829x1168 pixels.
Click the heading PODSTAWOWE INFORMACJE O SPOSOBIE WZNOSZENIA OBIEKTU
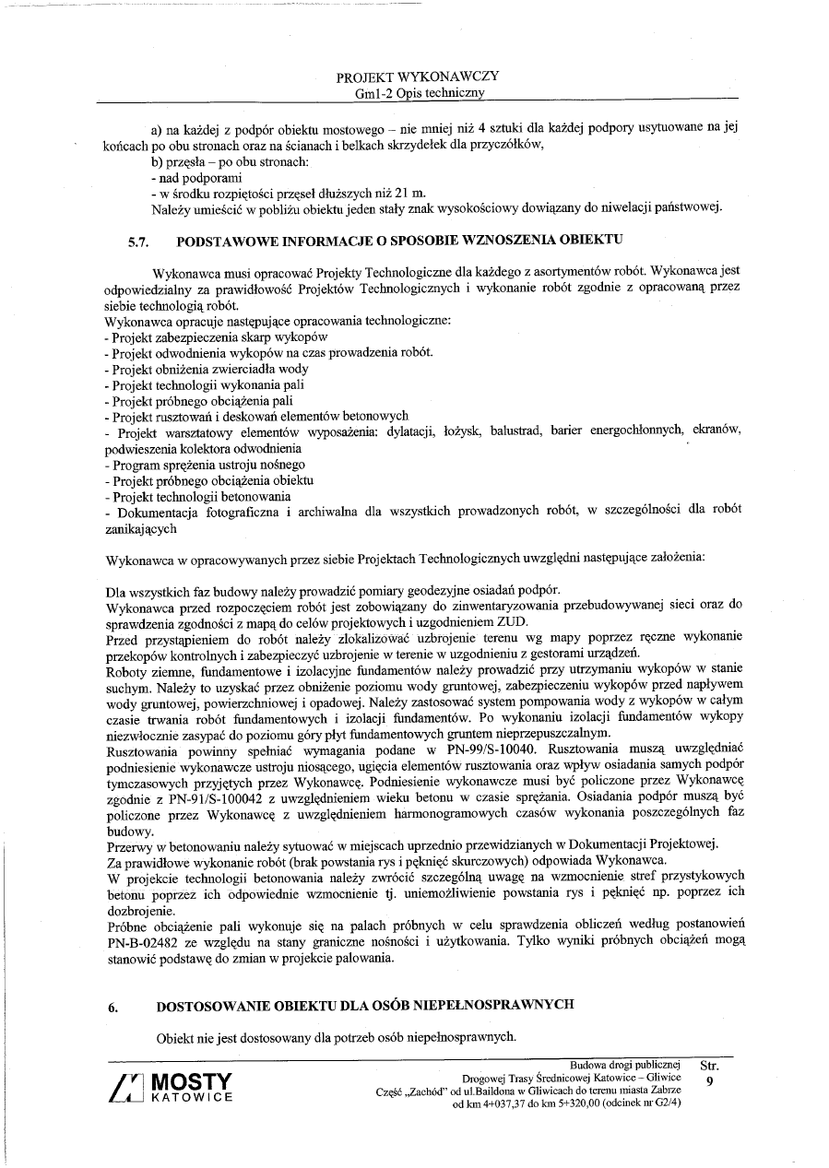coord(399,240)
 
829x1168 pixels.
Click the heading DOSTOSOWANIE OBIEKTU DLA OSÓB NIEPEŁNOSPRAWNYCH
coord(366,1007)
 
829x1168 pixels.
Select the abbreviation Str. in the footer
coord(710,1066)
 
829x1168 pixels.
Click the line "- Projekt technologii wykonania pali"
coord(205,384)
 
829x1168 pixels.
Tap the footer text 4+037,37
coord(521,1106)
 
